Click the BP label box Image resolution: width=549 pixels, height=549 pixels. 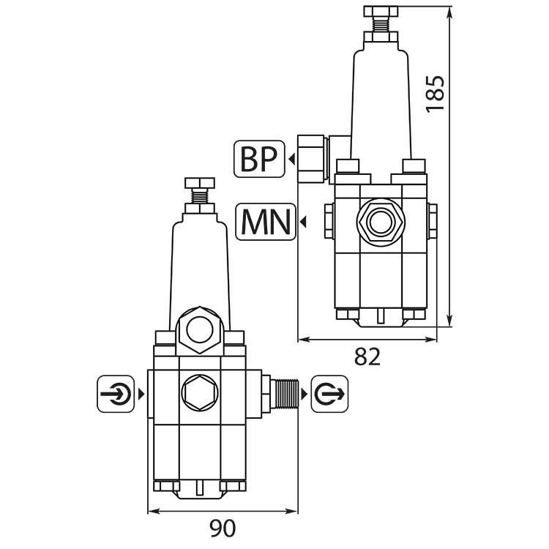(x=258, y=160)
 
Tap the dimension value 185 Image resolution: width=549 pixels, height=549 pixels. (x=435, y=92)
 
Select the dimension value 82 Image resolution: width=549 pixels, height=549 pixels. (x=367, y=356)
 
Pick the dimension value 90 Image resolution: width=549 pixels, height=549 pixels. (x=223, y=526)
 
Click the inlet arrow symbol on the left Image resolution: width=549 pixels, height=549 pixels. (x=116, y=395)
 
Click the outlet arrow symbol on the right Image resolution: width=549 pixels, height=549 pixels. (x=330, y=395)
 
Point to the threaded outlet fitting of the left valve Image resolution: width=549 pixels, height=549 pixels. (x=283, y=395)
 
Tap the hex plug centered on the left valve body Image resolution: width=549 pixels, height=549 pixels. (x=198, y=395)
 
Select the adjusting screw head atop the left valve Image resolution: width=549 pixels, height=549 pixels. (x=198, y=182)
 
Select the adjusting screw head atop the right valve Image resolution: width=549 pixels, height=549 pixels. (x=380, y=11)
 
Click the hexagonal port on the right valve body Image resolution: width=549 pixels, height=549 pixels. (x=379, y=220)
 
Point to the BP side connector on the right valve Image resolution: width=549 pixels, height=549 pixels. (x=313, y=159)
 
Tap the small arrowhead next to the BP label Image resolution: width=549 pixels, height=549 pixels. (x=291, y=160)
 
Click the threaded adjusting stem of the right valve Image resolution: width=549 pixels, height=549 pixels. (x=380, y=26)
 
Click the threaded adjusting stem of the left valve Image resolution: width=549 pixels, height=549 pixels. (x=198, y=196)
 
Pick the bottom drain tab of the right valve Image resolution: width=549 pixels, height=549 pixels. (x=380, y=315)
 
